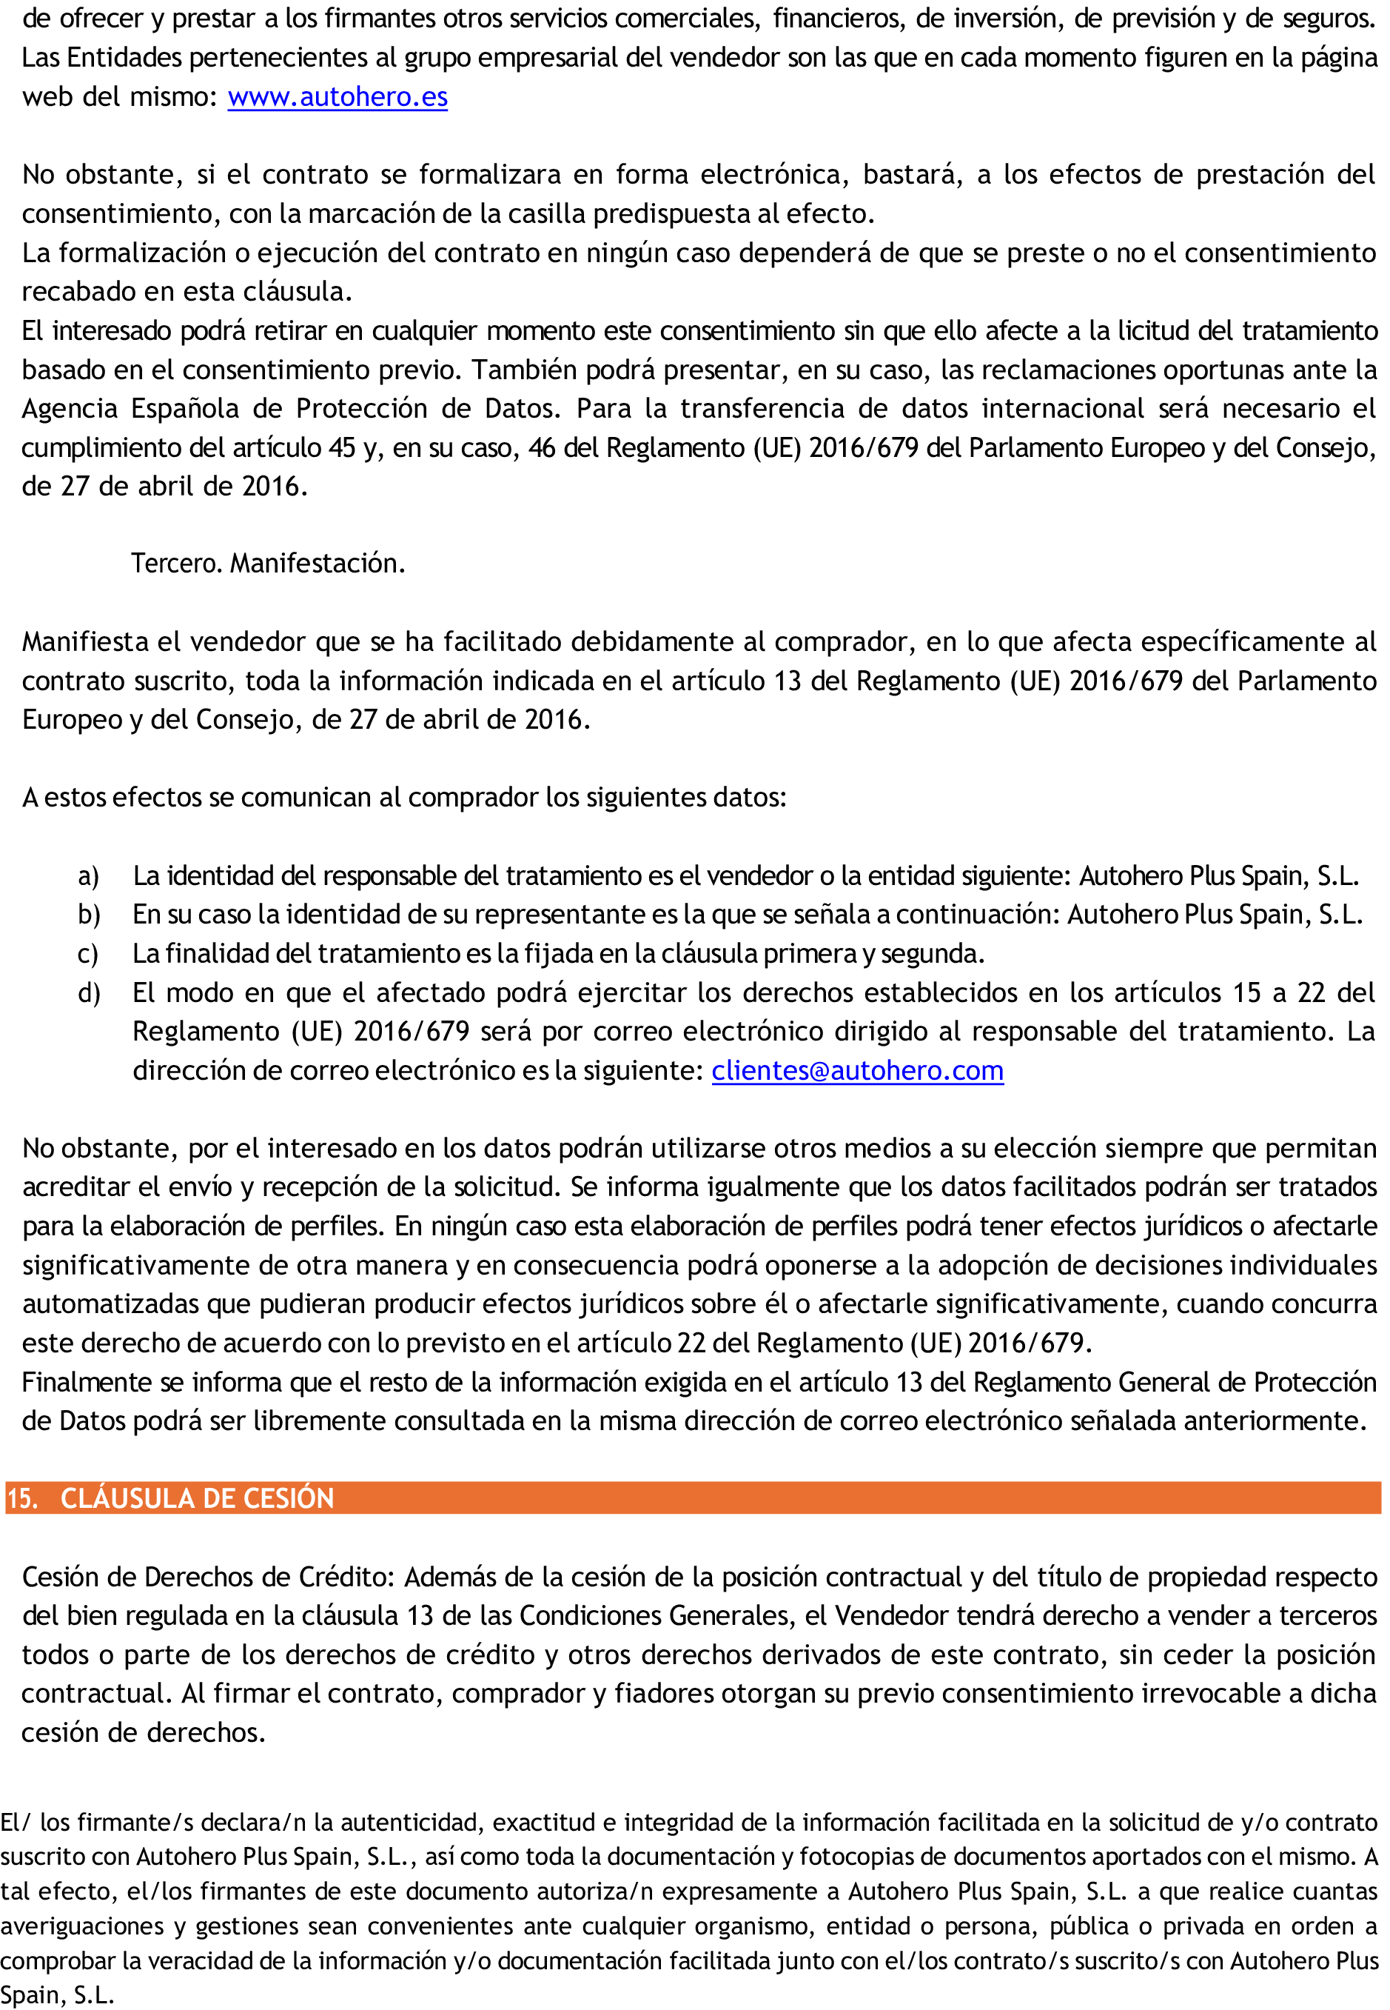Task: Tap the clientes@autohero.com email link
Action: pyautogui.click(x=857, y=1070)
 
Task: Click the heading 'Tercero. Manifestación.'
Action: pyautogui.click(x=268, y=564)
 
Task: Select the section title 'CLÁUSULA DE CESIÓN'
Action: pyautogui.click(x=197, y=1498)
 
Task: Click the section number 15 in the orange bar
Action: pyautogui.click(x=21, y=1498)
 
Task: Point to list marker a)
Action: pyautogui.click(x=88, y=875)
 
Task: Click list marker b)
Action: pyautogui.click(x=89, y=915)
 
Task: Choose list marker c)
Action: pyautogui.click(x=88, y=954)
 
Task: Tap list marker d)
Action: pyautogui.click(x=89, y=993)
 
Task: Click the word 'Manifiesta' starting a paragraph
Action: pyautogui.click(x=84, y=642)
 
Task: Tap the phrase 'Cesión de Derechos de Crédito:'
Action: pyautogui.click(x=209, y=1577)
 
